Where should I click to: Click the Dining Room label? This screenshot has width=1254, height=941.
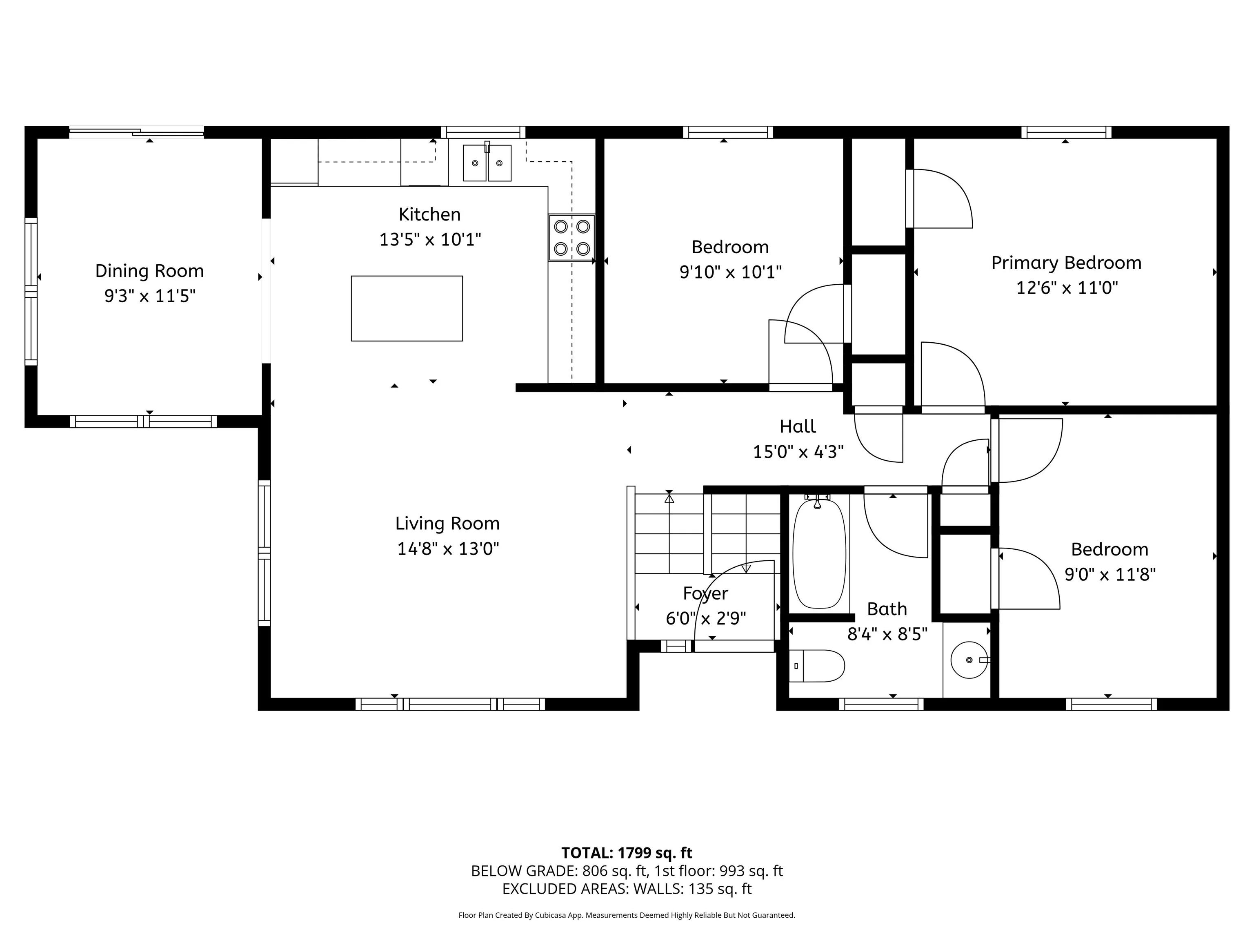[x=150, y=271]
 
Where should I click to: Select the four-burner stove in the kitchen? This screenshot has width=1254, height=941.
[x=571, y=238]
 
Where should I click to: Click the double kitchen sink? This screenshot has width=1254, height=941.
[x=487, y=163]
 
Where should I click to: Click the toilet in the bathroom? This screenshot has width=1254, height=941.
[x=817, y=666]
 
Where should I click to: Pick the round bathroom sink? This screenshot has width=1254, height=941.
[x=969, y=660]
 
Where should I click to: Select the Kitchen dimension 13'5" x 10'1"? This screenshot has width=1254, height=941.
[x=430, y=239]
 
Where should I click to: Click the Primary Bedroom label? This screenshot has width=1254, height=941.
[x=1066, y=263]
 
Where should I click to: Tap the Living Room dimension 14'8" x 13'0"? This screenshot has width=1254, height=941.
[x=448, y=549]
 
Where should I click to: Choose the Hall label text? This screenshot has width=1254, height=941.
[x=798, y=426]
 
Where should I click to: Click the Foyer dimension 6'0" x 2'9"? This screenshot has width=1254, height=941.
[x=706, y=618]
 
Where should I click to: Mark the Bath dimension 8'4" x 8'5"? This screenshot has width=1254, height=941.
[x=887, y=633]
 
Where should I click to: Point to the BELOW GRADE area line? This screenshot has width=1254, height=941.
[x=627, y=871]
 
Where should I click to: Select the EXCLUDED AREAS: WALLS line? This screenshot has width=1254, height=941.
[x=627, y=889]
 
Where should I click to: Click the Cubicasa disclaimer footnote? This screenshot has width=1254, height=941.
[x=627, y=915]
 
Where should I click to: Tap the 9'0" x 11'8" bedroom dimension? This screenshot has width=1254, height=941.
[x=1110, y=575]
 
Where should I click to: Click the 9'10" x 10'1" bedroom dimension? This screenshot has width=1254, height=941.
[x=731, y=272]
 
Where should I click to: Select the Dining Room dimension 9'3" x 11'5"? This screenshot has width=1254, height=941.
[x=150, y=296]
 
